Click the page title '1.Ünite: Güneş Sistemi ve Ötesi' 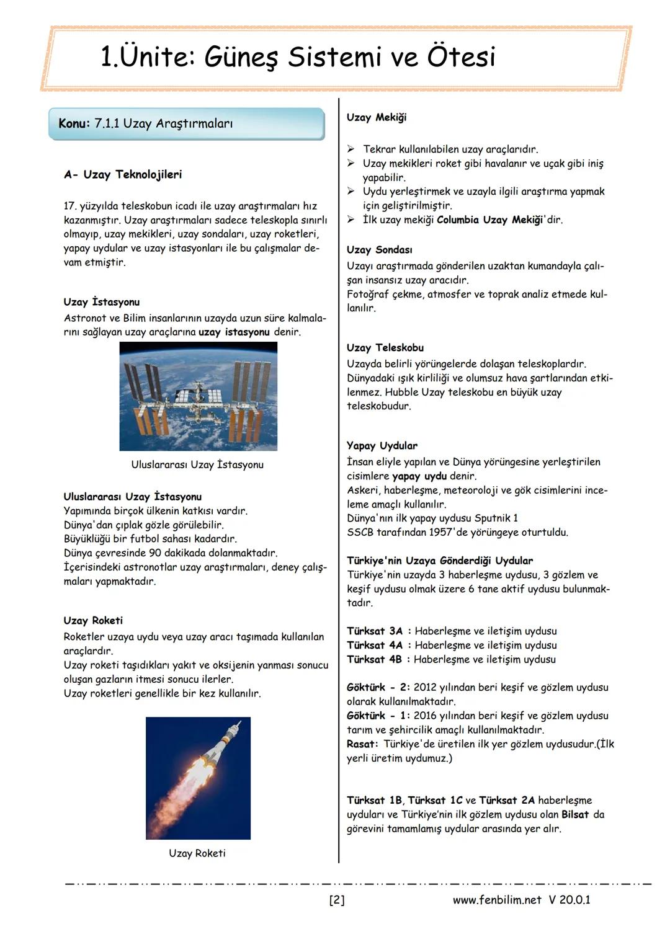click(x=298, y=58)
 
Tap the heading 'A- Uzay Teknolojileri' click(x=123, y=174)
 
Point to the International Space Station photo click(x=198, y=396)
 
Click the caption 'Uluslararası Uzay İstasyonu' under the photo click(x=197, y=465)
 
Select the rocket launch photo click(x=198, y=778)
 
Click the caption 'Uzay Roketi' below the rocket click(x=197, y=853)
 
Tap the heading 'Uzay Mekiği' click(x=377, y=117)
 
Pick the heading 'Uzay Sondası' click(x=379, y=250)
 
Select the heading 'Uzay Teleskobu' click(x=385, y=348)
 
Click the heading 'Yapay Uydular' click(x=382, y=446)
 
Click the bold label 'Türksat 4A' click(x=375, y=646)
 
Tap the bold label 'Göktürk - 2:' click(x=378, y=688)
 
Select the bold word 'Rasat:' click(x=362, y=744)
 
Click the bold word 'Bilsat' click(x=575, y=815)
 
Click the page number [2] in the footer click(x=336, y=900)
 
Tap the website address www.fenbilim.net click(x=497, y=900)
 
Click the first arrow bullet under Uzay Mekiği click(x=351, y=149)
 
